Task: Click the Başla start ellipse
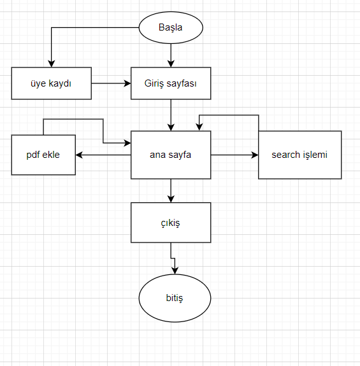click(171, 28)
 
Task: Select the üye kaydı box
click(51, 83)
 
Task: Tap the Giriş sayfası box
click(171, 83)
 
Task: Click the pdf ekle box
click(43, 155)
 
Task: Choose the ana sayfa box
click(171, 155)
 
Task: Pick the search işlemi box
click(299, 155)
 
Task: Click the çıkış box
click(171, 223)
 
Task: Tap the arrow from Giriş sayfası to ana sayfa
click(171, 115)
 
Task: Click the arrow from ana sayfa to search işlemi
click(234, 155)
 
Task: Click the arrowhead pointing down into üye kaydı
click(51, 62)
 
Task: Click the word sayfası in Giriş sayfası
click(182, 83)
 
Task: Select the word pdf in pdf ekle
click(33, 155)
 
